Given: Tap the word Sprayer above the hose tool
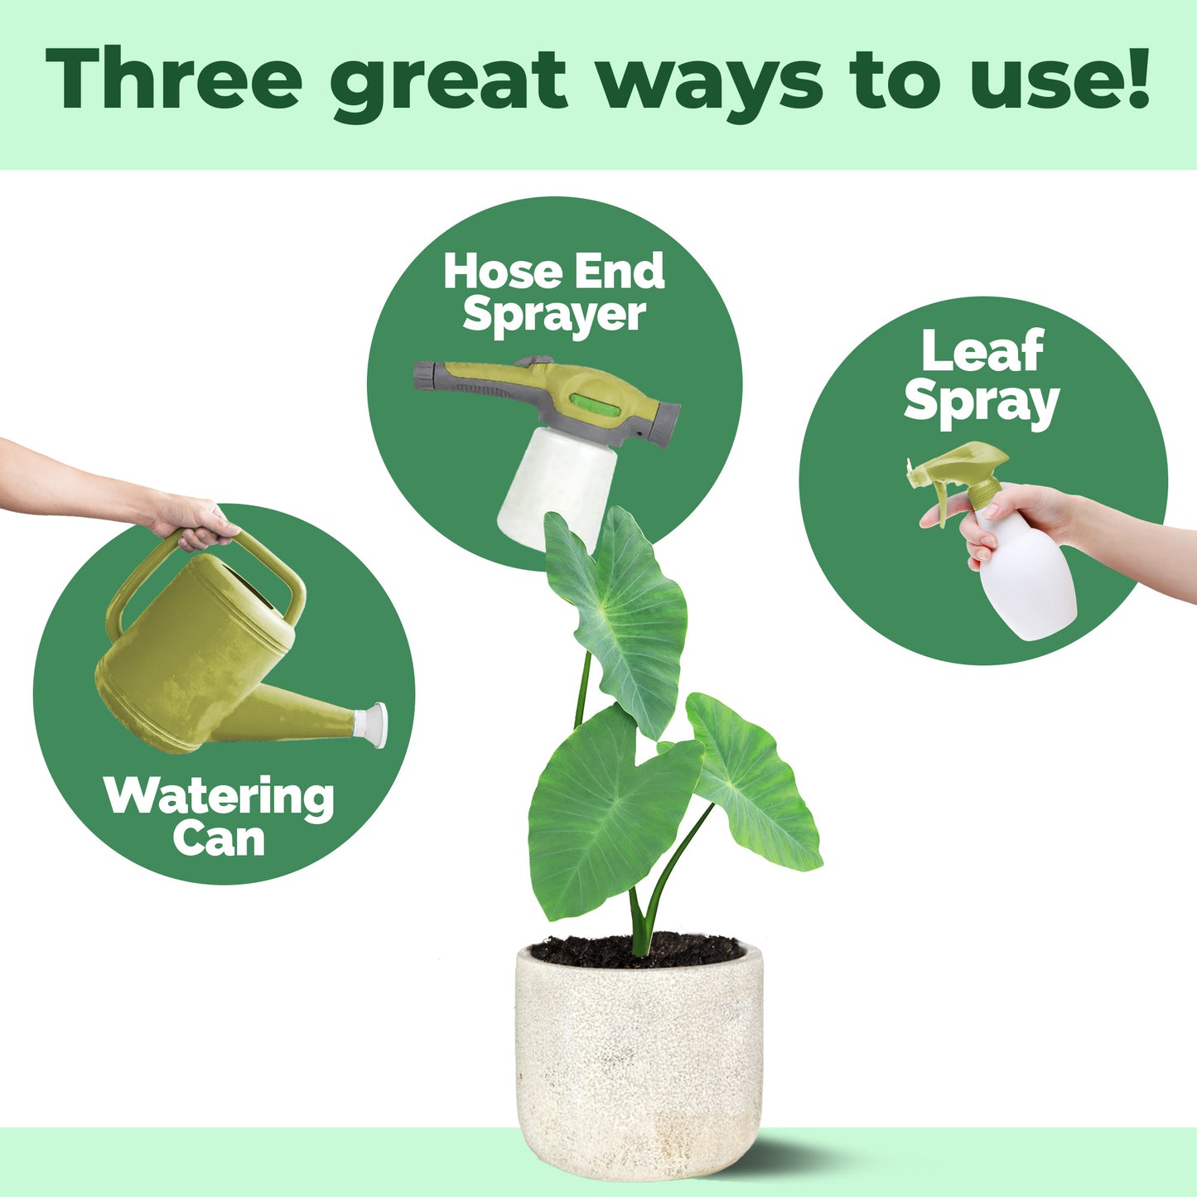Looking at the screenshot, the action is click(554, 316).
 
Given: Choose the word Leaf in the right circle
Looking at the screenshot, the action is click(982, 351).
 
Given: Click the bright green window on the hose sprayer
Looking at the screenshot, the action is click(595, 404).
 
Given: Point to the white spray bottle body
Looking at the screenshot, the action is click(1025, 577).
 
